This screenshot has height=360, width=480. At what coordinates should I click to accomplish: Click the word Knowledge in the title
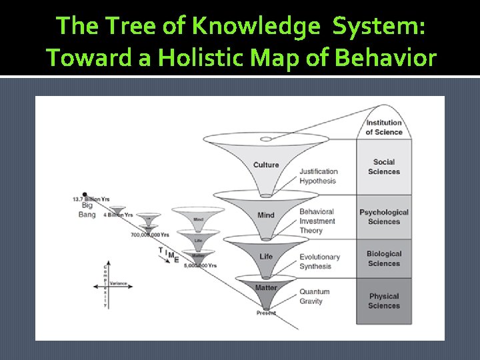coord(254,26)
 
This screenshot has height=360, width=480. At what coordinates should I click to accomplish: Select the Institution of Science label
coord(383,127)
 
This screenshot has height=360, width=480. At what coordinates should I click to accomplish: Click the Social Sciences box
coord(384,167)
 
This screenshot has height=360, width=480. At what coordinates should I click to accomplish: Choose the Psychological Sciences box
coord(384,217)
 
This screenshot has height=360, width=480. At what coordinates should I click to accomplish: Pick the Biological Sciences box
coord(384,259)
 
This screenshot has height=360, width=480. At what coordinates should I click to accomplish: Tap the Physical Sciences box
coord(384,301)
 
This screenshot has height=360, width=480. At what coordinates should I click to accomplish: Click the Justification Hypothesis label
coord(319,176)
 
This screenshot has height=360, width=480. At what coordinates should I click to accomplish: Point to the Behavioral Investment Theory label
coord(317,221)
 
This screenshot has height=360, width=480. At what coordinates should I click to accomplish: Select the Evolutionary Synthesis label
coord(320,261)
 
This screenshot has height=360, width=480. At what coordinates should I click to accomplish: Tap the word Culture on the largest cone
coord(266,165)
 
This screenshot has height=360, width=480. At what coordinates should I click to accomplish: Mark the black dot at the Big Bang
coord(85,193)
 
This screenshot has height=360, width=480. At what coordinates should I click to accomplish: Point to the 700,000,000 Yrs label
coord(150,235)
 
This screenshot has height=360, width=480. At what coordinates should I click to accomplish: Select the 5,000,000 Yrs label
coord(201,265)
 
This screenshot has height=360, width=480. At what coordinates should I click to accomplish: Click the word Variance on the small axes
coord(118,283)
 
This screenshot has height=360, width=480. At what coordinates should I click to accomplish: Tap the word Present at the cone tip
coord(266,313)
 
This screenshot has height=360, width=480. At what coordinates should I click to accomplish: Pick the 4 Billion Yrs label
coord(118,215)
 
